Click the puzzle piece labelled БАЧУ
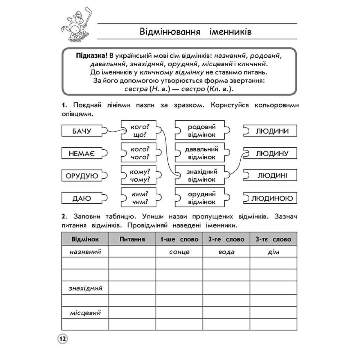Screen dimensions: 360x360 click(82, 131)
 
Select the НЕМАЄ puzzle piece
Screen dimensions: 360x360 click(82, 153)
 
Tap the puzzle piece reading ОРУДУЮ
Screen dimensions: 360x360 click(82, 176)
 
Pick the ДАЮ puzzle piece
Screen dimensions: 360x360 click(82, 198)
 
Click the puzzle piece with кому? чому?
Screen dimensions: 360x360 click(139, 176)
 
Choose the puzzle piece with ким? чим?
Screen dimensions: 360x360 click(139, 198)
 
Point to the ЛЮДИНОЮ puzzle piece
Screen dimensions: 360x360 click(271, 198)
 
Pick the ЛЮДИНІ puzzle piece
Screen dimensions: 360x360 click(271, 176)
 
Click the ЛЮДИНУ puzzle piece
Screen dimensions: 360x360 click(271, 153)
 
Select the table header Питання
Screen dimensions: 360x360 click(132, 239)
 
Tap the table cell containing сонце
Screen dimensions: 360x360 click(179, 252)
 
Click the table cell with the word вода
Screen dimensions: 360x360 click(226, 252)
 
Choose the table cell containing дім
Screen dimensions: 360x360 click(273, 252)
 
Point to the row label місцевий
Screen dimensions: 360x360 click(85, 313)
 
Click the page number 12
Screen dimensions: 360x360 click(63, 339)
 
